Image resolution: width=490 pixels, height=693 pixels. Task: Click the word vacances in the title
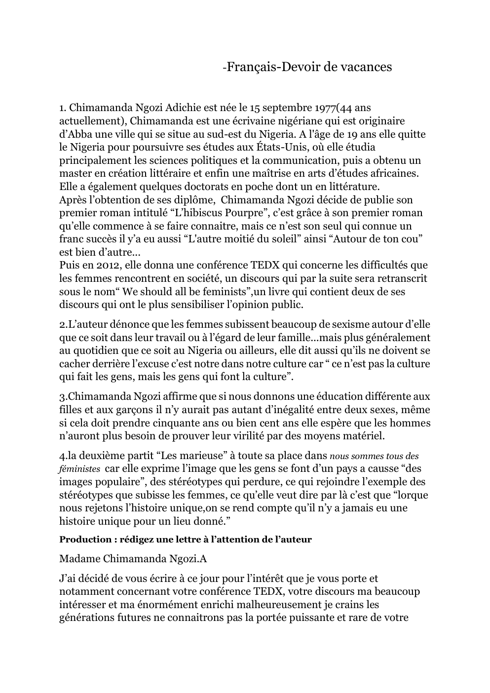coord(364,67)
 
